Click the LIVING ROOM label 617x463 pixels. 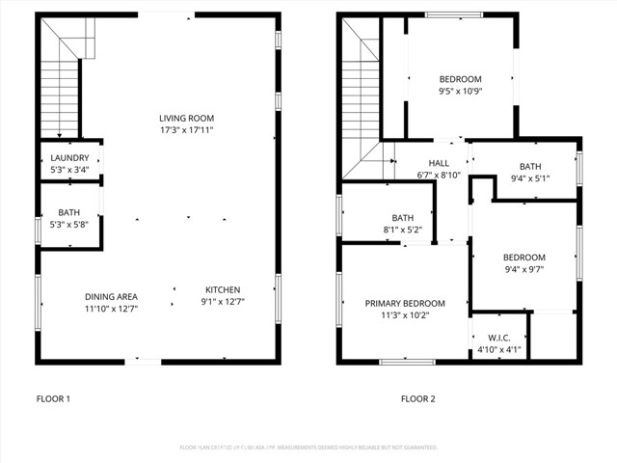tap(186, 118)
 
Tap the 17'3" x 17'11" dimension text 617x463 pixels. tap(186, 130)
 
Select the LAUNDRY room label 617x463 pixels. tap(69, 158)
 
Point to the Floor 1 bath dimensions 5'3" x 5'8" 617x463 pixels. tap(69, 225)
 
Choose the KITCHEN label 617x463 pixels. tap(222, 290)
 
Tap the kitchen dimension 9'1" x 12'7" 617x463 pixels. tap(222, 303)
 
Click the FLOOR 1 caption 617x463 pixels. tap(53, 398)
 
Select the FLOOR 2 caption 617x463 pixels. tap(417, 398)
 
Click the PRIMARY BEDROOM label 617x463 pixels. tap(404, 303)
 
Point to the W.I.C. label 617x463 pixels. tap(499, 338)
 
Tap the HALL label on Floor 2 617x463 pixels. tap(438, 163)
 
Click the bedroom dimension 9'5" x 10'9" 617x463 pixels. tap(460, 93)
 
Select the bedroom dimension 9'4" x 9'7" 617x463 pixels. tap(523, 270)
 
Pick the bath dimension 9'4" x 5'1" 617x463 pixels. tap(530, 178)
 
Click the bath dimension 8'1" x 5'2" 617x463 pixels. tap(402, 230)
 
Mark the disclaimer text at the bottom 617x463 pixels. tap(308, 448)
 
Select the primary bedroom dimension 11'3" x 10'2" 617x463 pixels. tap(404, 315)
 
